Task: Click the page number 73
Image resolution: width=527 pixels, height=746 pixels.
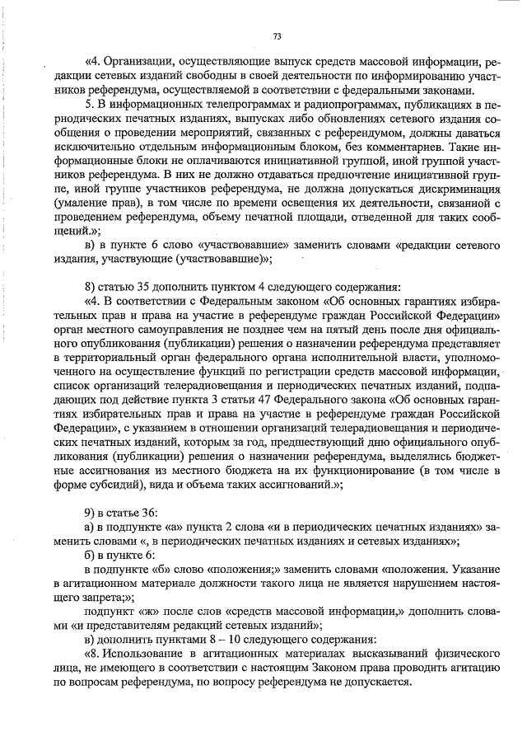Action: [x=277, y=35]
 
